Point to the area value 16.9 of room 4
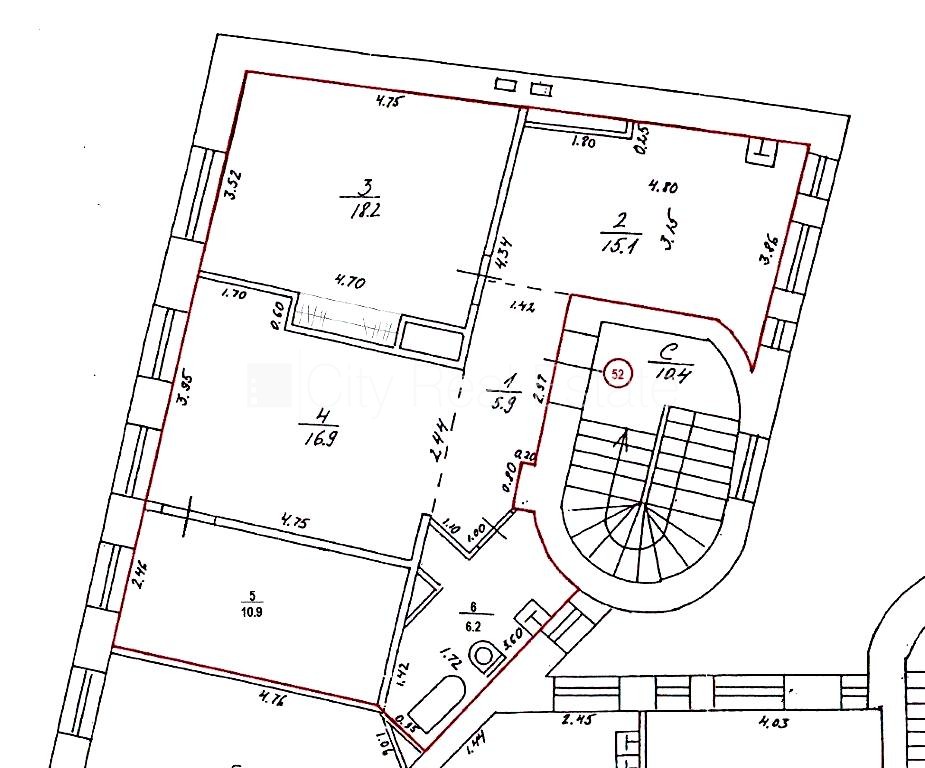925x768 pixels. point(315,434)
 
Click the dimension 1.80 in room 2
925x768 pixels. point(583,143)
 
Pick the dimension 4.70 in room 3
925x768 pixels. point(350,283)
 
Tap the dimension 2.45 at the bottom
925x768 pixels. point(579,718)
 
